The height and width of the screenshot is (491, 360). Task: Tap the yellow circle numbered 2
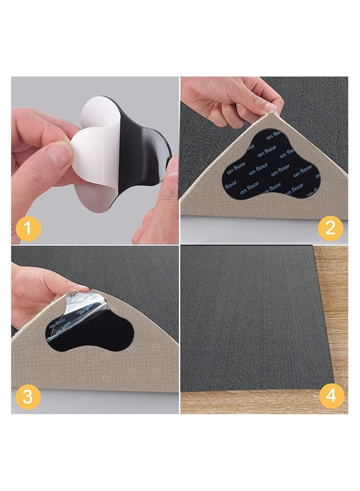click(330, 228)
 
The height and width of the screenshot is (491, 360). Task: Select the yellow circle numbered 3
click(28, 396)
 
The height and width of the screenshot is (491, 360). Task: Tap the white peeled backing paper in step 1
click(92, 149)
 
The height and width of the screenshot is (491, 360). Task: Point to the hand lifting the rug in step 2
click(225, 97)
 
